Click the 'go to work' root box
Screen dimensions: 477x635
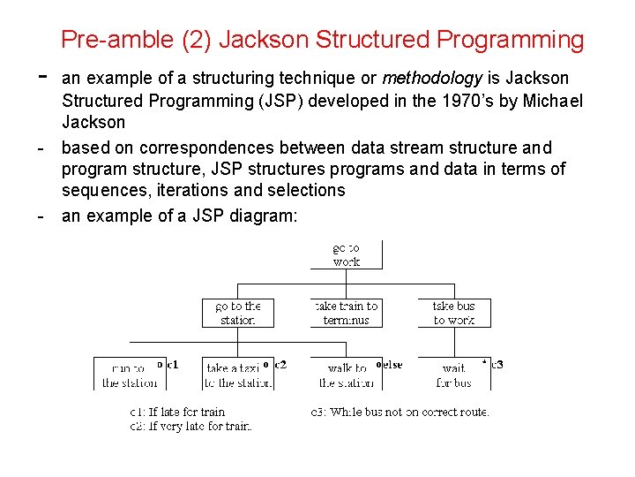(x=346, y=254)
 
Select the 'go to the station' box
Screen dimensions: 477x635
(x=238, y=313)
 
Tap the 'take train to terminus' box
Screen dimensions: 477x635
(x=346, y=313)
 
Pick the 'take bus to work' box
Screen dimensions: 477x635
(x=453, y=313)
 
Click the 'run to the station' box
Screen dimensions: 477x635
(x=129, y=375)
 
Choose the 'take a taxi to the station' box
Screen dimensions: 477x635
(x=238, y=375)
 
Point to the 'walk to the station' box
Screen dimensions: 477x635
(x=346, y=375)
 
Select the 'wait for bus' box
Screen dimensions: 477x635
(x=453, y=375)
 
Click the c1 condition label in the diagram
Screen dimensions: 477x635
(x=171, y=364)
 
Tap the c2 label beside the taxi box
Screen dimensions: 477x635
(x=280, y=364)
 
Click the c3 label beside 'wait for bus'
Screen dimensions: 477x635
(x=497, y=364)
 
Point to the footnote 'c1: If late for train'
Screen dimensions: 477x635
(x=177, y=412)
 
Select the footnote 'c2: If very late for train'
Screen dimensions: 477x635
(x=190, y=427)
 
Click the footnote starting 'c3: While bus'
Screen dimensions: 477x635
(x=400, y=412)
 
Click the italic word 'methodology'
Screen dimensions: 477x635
(x=431, y=79)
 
